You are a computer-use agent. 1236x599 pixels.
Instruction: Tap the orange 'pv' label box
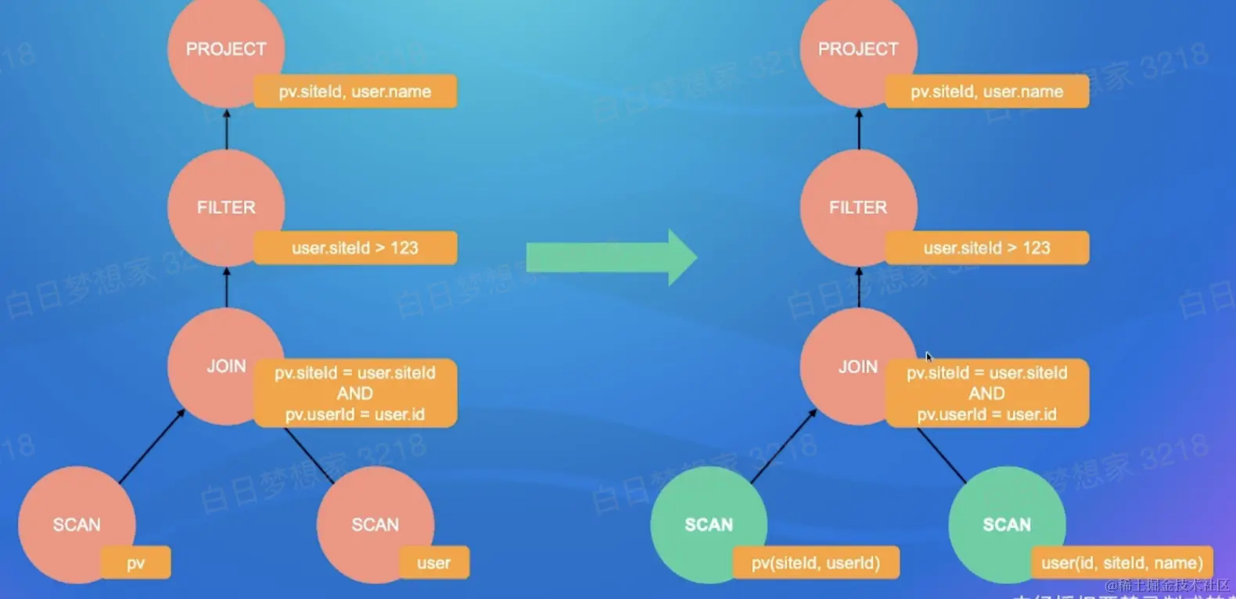click(x=135, y=562)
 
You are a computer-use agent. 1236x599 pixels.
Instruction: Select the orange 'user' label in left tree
click(x=433, y=562)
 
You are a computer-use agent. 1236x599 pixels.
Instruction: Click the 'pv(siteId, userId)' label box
click(x=815, y=562)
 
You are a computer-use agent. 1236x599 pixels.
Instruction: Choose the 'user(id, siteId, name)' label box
click(x=1122, y=562)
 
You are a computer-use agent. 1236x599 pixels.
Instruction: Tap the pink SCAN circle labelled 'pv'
click(x=70, y=520)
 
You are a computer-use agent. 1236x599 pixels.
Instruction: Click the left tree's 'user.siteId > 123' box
click(x=355, y=248)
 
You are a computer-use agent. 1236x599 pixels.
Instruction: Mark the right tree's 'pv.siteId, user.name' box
click(x=986, y=91)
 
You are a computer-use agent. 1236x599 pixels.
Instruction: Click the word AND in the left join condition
click(x=355, y=393)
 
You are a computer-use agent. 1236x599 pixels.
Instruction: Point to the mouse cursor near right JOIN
click(x=929, y=357)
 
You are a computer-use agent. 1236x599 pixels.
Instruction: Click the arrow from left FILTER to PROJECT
click(x=227, y=129)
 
